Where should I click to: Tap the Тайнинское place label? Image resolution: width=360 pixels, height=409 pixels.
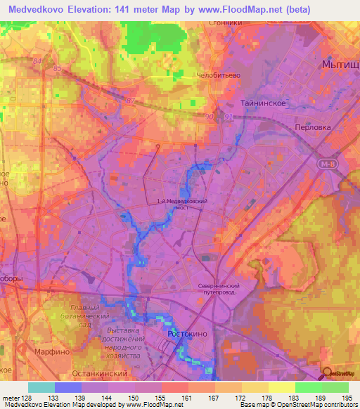(262, 103)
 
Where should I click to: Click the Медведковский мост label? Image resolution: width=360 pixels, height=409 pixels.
(182, 204)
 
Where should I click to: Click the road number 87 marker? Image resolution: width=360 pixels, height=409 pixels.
(129, 101)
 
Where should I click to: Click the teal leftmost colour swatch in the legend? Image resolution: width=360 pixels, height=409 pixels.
(41, 387)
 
